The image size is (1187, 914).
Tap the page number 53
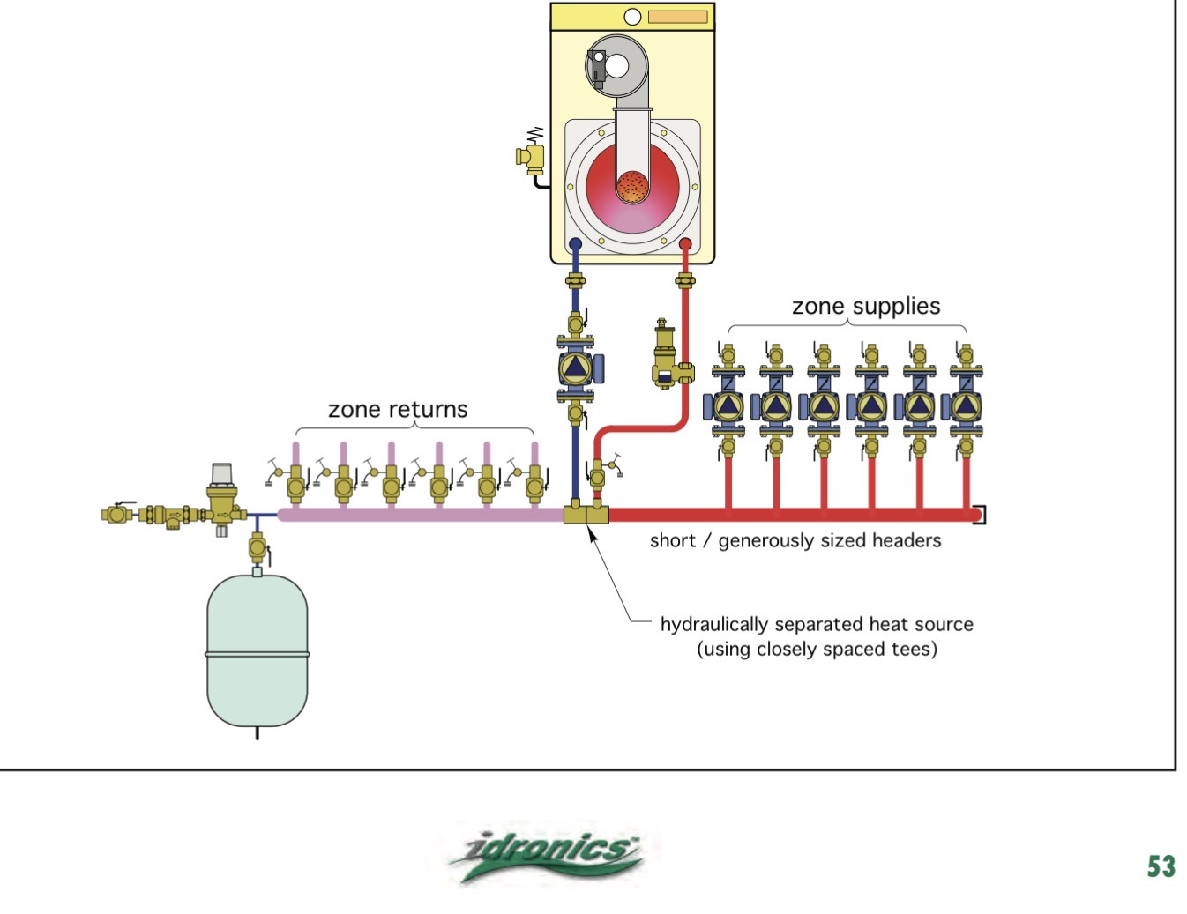click(x=1161, y=866)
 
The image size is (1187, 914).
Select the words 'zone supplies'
click(x=865, y=306)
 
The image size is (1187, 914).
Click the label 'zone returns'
click(x=398, y=409)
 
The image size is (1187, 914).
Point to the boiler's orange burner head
click(x=631, y=186)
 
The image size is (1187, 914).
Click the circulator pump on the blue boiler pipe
click(x=576, y=366)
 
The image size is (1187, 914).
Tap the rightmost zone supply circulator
click(x=967, y=406)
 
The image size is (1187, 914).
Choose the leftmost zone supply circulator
click(x=728, y=406)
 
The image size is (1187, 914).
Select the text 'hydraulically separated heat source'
click(x=817, y=624)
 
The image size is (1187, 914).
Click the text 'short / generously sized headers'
click(x=795, y=540)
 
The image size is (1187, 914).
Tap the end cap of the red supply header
click(x=979, y=515)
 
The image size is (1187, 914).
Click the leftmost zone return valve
click(x=295, y=483)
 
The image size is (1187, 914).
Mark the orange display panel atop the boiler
click(x=677, y=17)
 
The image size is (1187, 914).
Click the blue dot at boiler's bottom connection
click(x=575, y=243)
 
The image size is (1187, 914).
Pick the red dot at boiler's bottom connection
click(x=685, y=243)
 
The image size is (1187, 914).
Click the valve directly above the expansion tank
click(x=257, y=548)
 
